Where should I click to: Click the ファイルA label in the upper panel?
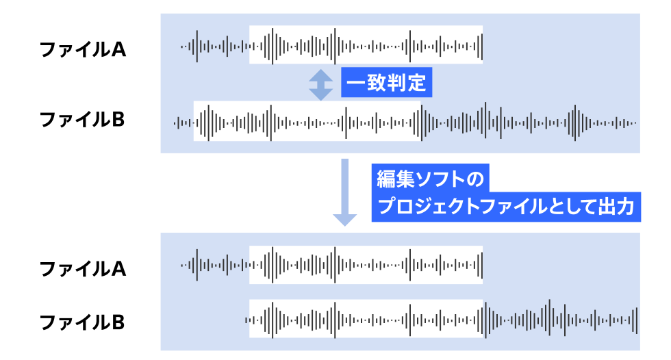click(x=82, y=50)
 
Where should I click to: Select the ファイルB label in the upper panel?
click(x=82, y=120)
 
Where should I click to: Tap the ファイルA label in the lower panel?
click(x=82, y=269)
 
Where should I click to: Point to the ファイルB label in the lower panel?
click(x=82, y=322)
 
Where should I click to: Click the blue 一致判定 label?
click(x=386, y=84)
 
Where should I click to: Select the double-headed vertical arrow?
click(x=320, y=84)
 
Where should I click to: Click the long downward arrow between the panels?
click(x=345, y=192)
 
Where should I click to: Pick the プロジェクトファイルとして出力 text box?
click(x=506, y=206)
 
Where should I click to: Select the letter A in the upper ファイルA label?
click(x=118, y=50)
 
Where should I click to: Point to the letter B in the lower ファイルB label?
click(x=118, y=322)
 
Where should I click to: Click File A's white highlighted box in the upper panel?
click(x=366, y=46)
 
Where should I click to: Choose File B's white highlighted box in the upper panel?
click(x=307, y=122)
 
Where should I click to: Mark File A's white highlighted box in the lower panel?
click(x=366, y=264)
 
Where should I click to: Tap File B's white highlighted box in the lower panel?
click(x=366, y=319)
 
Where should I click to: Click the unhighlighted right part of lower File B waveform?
click(x=561, y=319)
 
